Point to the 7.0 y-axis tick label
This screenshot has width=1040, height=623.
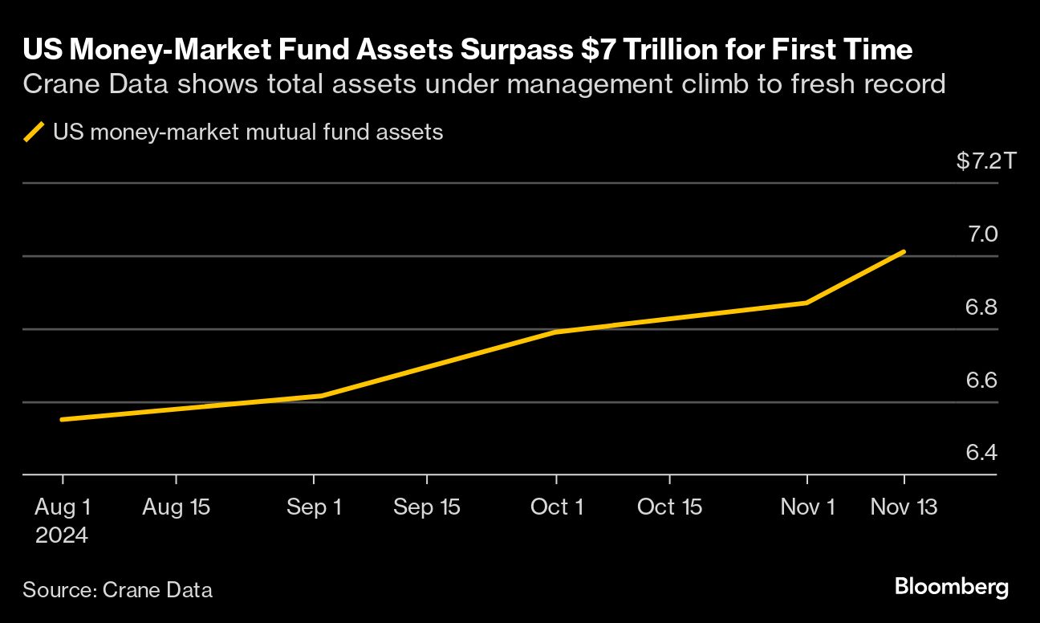tap(981, 234)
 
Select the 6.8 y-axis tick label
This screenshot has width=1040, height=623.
tap(981, 307)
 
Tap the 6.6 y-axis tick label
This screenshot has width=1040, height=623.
tap(981, 381)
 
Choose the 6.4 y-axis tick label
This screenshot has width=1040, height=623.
tap(981, 454)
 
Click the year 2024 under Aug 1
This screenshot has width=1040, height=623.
tap(62, 535)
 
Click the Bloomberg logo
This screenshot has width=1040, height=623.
tap(951, 587)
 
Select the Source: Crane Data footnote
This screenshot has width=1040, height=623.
tap(118, 590)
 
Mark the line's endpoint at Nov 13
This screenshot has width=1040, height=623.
tap(904, 252)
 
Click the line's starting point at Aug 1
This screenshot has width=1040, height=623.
tap(63, 419)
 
